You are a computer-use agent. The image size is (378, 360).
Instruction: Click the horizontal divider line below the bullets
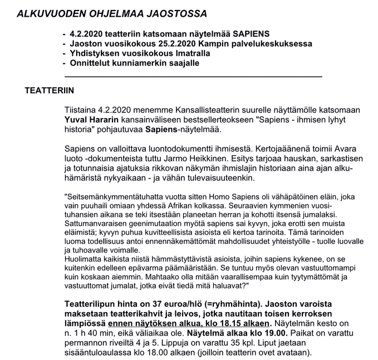pyautogui.click(x=193, y=75)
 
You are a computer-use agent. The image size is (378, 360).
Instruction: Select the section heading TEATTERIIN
pyautogui.click(x=50, y=90)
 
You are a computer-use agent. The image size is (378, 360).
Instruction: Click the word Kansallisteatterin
pyautogui.click(x=200, y=110)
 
